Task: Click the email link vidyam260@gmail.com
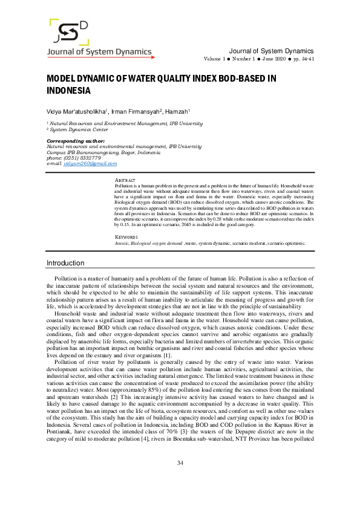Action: pyautogui.click(x=90, y=164)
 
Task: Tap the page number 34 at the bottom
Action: pyautogui.click(x=180, y=480)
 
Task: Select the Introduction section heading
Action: pyautogui.click(x=66, y=263)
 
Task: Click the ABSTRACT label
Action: pyautogui.click(x=125, y=180)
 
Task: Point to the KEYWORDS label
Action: pyautogui.click(x=126, y=237)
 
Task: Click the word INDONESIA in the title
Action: pyautogui.click(x=68, y=91)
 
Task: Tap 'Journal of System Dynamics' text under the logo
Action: pyautogui.click(x=100, y=52)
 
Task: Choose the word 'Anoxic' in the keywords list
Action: pyautogui.click(x=123, y=243)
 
